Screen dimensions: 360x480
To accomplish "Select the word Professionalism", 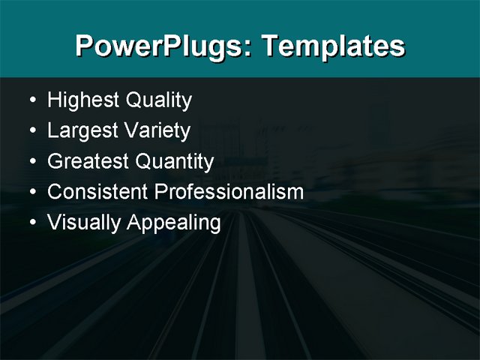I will click(229, 192).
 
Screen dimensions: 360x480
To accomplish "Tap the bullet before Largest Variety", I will click(31, 132).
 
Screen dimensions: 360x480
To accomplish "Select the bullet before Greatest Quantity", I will click(31, 162).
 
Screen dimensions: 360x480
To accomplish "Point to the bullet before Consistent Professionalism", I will click(31, 193).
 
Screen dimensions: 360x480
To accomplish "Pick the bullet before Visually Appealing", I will click(31, 223).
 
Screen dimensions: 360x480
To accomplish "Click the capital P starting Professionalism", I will click(160, 192).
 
